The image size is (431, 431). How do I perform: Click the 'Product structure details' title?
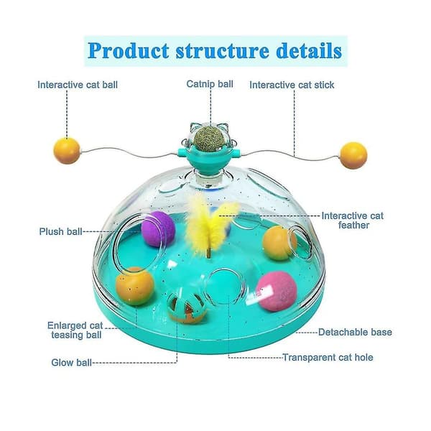point(215,51)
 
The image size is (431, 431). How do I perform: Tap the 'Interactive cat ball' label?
point(78,85)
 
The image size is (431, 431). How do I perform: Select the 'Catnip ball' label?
point(210,84)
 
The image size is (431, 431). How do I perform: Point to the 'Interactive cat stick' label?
point(292,85)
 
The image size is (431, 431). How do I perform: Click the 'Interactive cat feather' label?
point(353,221)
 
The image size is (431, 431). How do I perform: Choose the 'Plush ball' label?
point(61,231)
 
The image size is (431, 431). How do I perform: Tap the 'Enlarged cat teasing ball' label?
point(75,330)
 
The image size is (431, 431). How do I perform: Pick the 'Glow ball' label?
point(71,363)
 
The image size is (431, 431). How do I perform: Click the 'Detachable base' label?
point(355,333)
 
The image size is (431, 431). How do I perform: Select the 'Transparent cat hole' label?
point(328,357)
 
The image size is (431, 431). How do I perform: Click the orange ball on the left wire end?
point(67,151)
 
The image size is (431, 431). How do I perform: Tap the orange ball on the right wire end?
point(353,155)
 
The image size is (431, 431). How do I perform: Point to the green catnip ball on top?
point(209,137)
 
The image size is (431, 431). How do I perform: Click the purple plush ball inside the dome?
point(158,228)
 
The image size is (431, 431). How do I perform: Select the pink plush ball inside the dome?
point(277,292)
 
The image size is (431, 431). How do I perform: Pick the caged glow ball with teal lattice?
point(187,307)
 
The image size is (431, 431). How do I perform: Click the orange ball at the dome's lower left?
point(135,286)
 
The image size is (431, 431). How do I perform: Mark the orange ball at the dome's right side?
point(279,243)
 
